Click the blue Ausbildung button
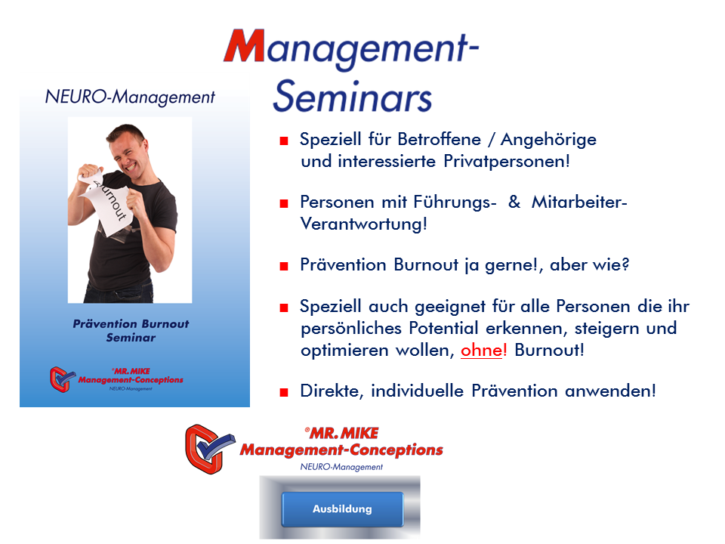click(x=342, y=508)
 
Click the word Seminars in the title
click(x=353, y=96)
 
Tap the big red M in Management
click(x=245, y=45)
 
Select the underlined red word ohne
click(x=481, y=350)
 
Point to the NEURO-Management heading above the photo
click(x=130, y=97)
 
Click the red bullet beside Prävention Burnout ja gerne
click(x=284, y=266)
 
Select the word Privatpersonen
click(x=507, y=162)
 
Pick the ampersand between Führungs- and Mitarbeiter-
click(x=514, y=202)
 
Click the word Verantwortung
click(x=363, y=224)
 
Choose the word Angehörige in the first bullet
click(x=548, y=140)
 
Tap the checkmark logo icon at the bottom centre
click(x=209, y=449)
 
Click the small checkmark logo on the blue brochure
click(x=62, y=379)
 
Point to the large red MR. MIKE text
click(x=342, y=434)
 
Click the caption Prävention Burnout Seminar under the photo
click(x=131, y=330)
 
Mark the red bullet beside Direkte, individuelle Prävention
click(x=284, y=393)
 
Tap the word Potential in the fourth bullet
click(x=443, y=328)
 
